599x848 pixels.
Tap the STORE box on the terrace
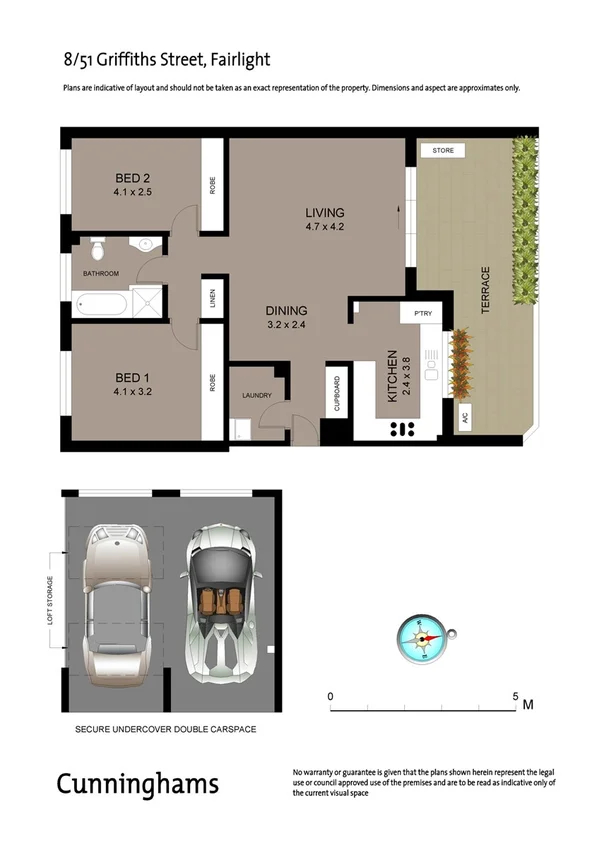(443, 151)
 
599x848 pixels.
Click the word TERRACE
(486, 291)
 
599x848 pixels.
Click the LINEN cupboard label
(212, 297)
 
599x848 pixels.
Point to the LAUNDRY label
(257, 396)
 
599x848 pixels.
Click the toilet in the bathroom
(97, 245)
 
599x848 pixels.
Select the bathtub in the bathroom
(100, 302)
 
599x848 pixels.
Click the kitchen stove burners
(401, 429)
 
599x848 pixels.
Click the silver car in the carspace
(116, 602)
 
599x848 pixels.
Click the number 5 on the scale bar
(516, 696)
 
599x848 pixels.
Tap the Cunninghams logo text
(137, 783)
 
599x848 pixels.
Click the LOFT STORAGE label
(50, 601)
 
